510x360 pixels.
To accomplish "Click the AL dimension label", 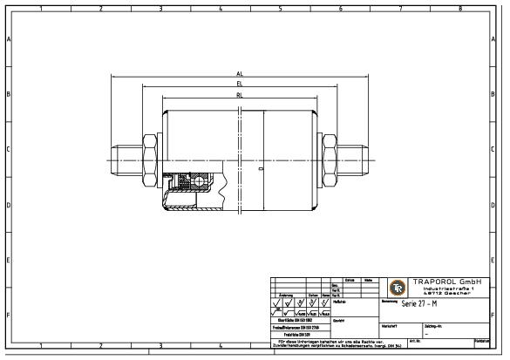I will point(239,74).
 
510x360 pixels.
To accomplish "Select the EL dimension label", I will point(239,85).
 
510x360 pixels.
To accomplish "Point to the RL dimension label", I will point(239,95).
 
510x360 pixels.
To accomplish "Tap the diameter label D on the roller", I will point(261,166).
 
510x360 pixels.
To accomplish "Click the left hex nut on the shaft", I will point(148,161).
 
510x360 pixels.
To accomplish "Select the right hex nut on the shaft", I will point(330,161).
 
